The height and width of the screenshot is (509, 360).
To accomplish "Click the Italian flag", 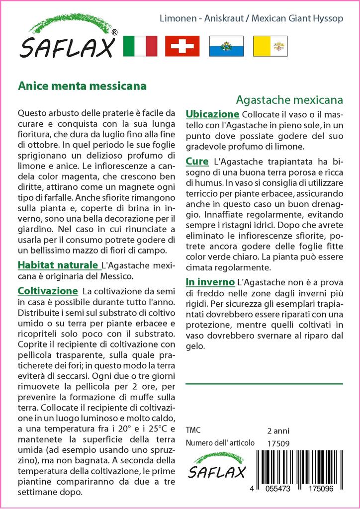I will [x=139, y=46].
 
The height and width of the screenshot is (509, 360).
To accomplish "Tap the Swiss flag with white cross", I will [x=182, y=46].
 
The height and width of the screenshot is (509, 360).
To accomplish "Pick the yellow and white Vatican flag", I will [x=270, y=46].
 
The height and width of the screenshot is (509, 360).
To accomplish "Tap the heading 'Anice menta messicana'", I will [x=82, y=85].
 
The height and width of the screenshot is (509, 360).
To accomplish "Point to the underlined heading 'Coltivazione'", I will [x=48, y=290].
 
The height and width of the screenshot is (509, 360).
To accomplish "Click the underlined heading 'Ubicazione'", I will [x=212, y=114].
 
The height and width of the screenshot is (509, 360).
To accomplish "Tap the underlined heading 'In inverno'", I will [x=210, y=282].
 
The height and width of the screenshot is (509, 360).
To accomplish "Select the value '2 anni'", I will [x=278, y=430].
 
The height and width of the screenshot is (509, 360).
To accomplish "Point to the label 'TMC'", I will [x=193, y=430].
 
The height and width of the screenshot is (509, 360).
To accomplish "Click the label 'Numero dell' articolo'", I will [x=220, y=443].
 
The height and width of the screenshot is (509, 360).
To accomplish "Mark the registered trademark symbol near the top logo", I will [x=114, y=33].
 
